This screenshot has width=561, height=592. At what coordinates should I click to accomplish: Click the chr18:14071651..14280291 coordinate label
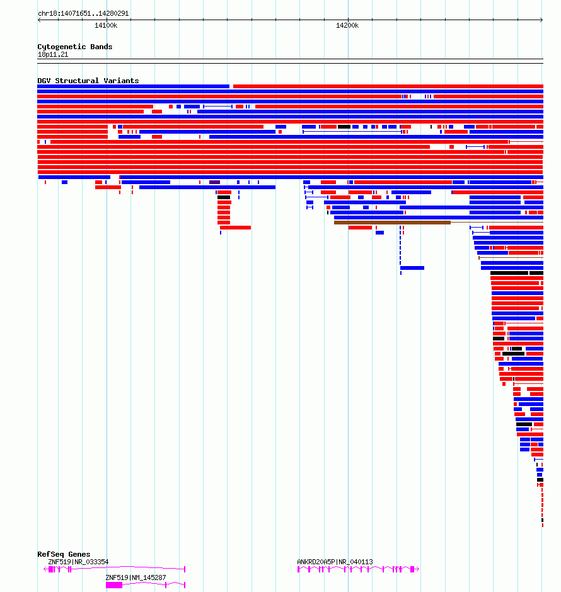tap(83, 13)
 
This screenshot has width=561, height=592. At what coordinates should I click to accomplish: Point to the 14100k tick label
tap(106, 25)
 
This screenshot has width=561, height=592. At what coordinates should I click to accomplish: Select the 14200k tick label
tap(347, 25)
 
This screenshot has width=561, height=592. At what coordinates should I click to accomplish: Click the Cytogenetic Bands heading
tap(75, 47)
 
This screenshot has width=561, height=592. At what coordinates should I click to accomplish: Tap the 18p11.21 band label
tap(53, 54)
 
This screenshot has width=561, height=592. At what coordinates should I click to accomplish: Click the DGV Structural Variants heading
tap(88, 81)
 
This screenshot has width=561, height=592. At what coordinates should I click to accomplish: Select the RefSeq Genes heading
tap(64, 554)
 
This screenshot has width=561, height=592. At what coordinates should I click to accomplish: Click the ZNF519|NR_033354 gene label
tap(78, 562)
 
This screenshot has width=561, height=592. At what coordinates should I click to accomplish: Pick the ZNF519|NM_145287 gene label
tap(136, 577)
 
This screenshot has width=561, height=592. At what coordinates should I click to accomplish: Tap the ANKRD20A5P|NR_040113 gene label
tap(335, 562)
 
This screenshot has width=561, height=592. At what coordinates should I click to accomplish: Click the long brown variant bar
tap(392, 223)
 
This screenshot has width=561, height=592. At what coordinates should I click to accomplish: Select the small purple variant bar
tap(214, 182)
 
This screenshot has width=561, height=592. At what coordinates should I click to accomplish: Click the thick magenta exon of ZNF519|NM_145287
tap(114, 585)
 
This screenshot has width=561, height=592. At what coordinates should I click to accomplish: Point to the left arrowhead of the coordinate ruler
tap(39, 20)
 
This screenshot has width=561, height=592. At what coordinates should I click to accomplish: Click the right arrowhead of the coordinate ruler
tap(541, 20)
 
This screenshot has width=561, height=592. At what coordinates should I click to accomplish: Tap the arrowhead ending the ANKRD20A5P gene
tap(417, 569)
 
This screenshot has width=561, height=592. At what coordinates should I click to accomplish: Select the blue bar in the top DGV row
tap(133, 86)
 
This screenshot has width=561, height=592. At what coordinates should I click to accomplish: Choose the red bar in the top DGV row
tap(388, 86)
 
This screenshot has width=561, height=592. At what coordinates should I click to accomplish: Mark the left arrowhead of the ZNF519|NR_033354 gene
tap(45, 569)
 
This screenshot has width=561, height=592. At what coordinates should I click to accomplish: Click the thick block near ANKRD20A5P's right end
tap(412, 569)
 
